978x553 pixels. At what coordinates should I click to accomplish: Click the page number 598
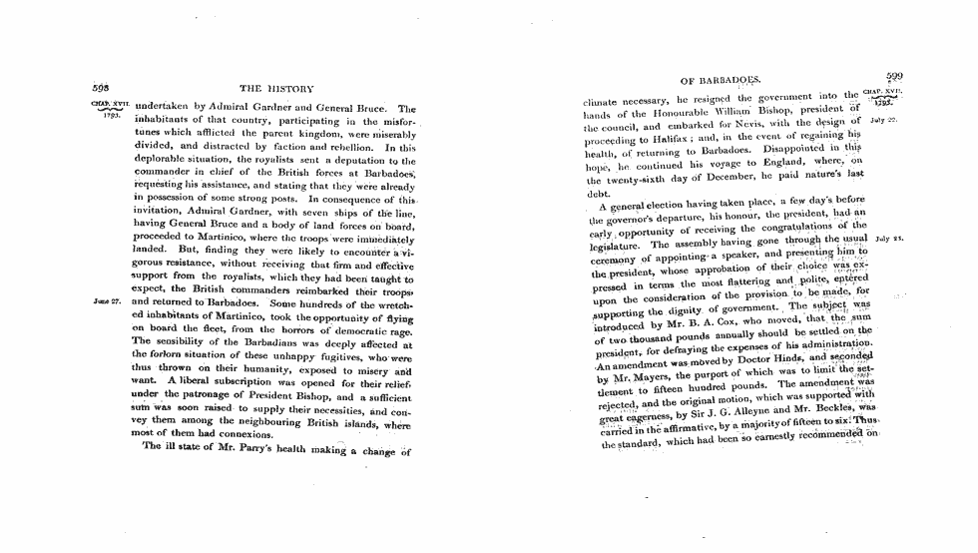coord(100,87)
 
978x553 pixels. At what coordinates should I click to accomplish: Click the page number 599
coord(893,76)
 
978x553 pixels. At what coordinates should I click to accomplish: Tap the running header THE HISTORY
coord(276,90)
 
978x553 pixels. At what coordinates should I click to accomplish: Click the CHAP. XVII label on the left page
coord(108,103)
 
